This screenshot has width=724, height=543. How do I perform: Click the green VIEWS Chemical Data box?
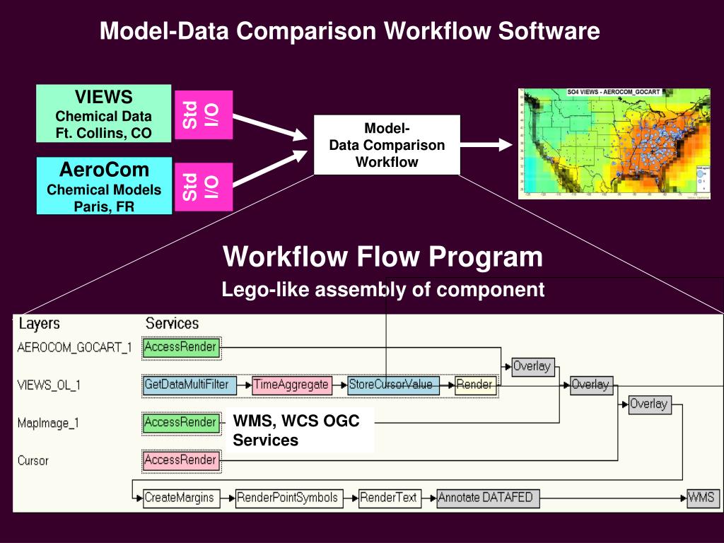[x=104, y=113]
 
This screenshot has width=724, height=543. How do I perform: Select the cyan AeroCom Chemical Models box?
[x=104, y=186]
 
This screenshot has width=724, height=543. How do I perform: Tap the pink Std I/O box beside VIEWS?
[x=203, y=115]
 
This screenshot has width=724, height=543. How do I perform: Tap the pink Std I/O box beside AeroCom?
[x=203, y=186]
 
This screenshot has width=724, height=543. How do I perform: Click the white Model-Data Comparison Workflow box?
[x=387, y=146]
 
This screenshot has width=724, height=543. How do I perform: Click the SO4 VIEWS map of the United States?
[x=614, y=144]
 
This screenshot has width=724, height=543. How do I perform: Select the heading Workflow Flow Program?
[x=383, y=256]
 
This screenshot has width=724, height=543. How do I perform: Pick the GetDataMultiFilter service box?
[x=187, y=385]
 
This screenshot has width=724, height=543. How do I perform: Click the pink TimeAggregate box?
[x=291, y=385]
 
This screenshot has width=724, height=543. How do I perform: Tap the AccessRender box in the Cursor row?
[x=180, y=460]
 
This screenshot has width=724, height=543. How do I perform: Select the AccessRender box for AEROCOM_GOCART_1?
[x=180, y=347]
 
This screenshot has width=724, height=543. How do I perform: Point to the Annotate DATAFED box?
[x=485, y=498]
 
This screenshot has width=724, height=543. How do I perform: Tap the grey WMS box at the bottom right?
[x=702, y=498]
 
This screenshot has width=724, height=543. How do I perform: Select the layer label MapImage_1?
[x=48, y=423]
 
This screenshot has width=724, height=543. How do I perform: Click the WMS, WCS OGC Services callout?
[x=300, y=430]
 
